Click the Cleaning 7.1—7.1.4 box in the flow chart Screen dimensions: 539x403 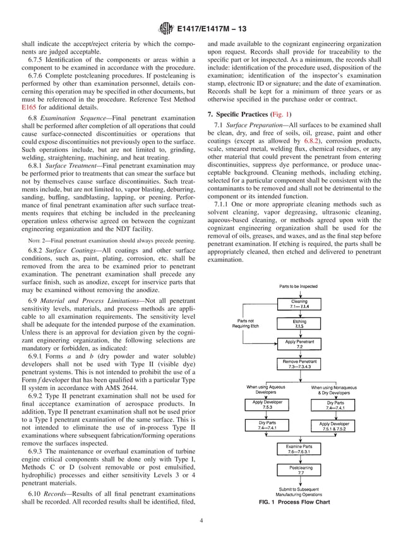click(299, 304)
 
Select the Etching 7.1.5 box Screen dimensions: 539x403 click(299, 324)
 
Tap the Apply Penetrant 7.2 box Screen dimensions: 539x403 click(299, 344)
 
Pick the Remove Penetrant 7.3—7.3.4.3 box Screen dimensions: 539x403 click(299, 364)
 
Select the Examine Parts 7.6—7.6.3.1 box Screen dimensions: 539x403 click(299, 449)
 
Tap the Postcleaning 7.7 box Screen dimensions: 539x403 click(299, 469)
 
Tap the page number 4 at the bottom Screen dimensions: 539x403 click(201, 521)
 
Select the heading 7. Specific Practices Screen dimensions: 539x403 click(238, 114)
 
